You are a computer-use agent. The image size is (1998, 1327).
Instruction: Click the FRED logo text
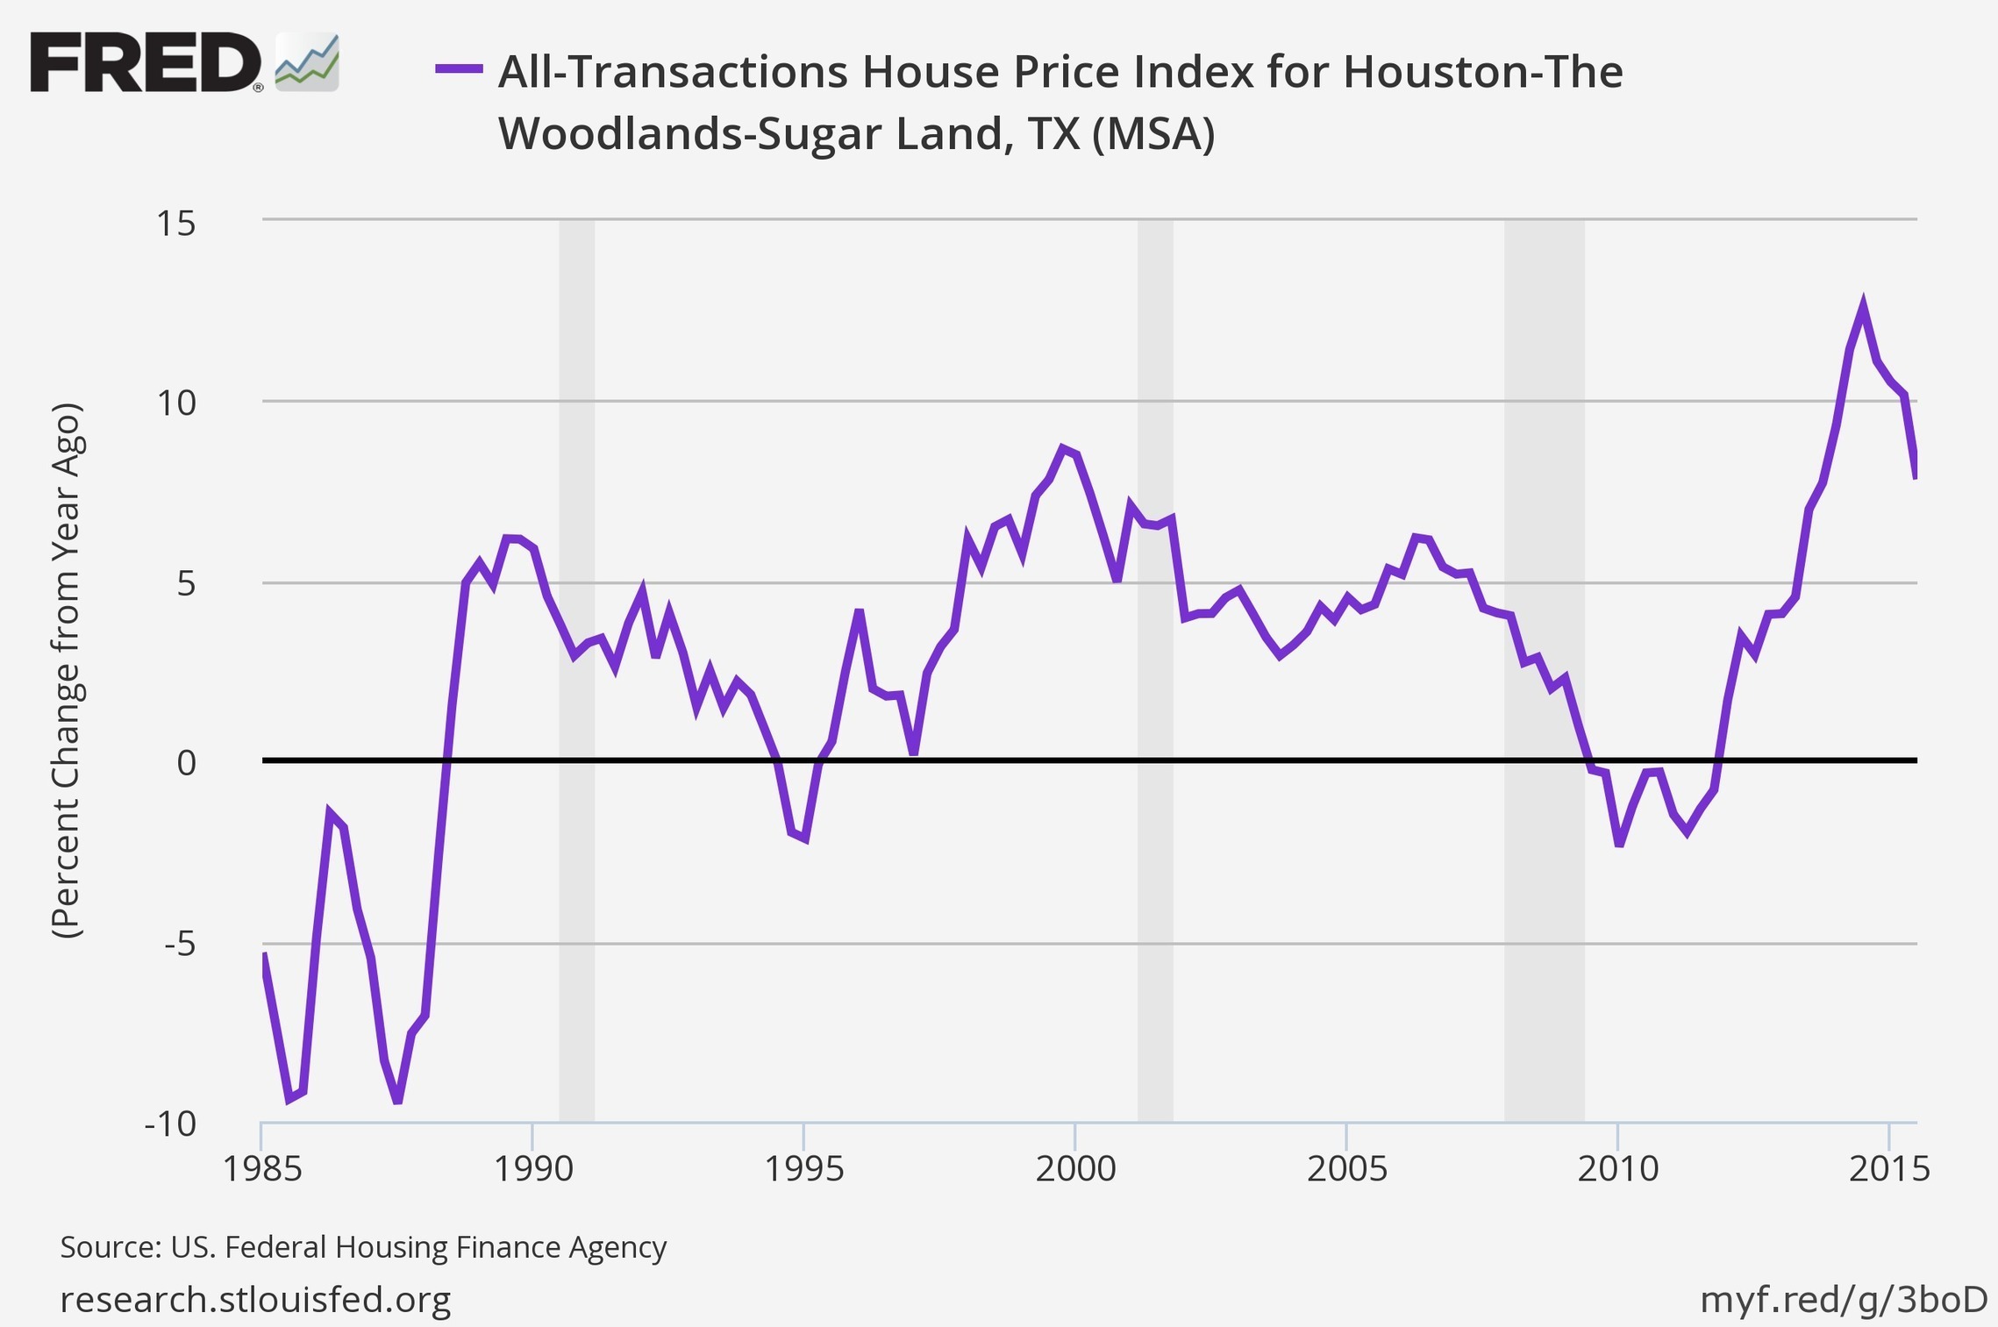pyautogui.click(x=145, y=62)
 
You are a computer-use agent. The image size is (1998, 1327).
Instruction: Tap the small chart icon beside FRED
pyautogui.click(x=307, y=63)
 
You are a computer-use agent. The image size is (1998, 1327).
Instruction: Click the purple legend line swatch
pyautogui.click(x=459, y=68)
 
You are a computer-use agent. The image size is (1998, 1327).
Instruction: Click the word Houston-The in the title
pyautogui.click(x=1483, y=72)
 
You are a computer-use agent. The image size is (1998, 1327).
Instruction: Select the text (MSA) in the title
pyautogui.click(x=1153, y=134)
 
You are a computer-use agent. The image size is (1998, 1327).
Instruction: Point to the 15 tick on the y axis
pyautogui.click(x=175, y=224)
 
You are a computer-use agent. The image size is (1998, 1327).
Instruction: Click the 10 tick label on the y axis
pyautogui.click(x=175, y=403)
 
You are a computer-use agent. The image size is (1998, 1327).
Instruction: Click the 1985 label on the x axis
pyautogui.click(x=262, y=1169)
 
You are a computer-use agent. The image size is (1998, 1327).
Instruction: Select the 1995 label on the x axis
pyautogui.click(x=804, y=1169)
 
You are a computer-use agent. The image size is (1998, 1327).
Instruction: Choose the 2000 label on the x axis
pyautogui.click(x=1075, y=1169)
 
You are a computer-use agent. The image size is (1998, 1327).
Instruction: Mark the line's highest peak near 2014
pyautogui.click(x=1862, y=304)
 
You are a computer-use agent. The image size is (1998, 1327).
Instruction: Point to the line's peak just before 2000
pyautogui.click(x=1062, y=448)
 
